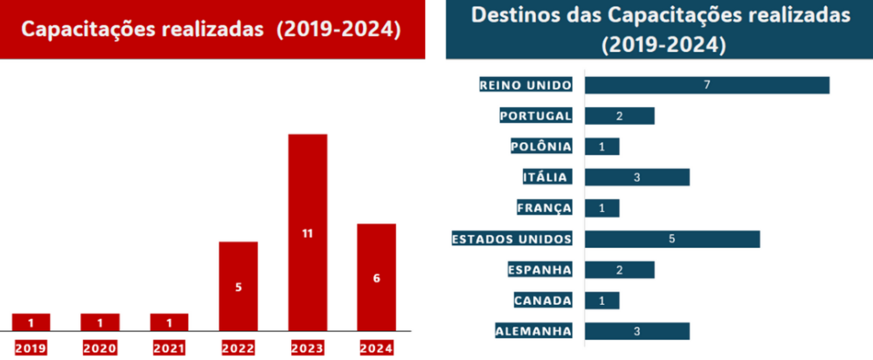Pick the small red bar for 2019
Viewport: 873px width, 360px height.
(31, 322)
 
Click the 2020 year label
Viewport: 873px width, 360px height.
(100, 348)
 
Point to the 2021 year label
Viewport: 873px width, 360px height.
(169, 348)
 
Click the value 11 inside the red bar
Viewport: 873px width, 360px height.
(307, 234)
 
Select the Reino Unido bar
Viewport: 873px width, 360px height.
(707, 85)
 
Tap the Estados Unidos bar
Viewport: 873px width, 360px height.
(672, 239)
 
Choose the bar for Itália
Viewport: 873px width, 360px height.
(637, 177)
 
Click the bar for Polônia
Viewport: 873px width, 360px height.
(602, 147)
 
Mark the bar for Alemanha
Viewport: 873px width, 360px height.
(637, 331)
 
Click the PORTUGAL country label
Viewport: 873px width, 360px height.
(535, 116)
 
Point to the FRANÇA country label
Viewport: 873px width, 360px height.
(544, 208)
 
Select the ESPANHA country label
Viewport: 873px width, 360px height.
(540, 270)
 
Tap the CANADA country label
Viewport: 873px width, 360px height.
(543, 301)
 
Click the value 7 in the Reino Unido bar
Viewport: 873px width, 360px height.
(707, 85)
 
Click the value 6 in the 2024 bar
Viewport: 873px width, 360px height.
(376, 279)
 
